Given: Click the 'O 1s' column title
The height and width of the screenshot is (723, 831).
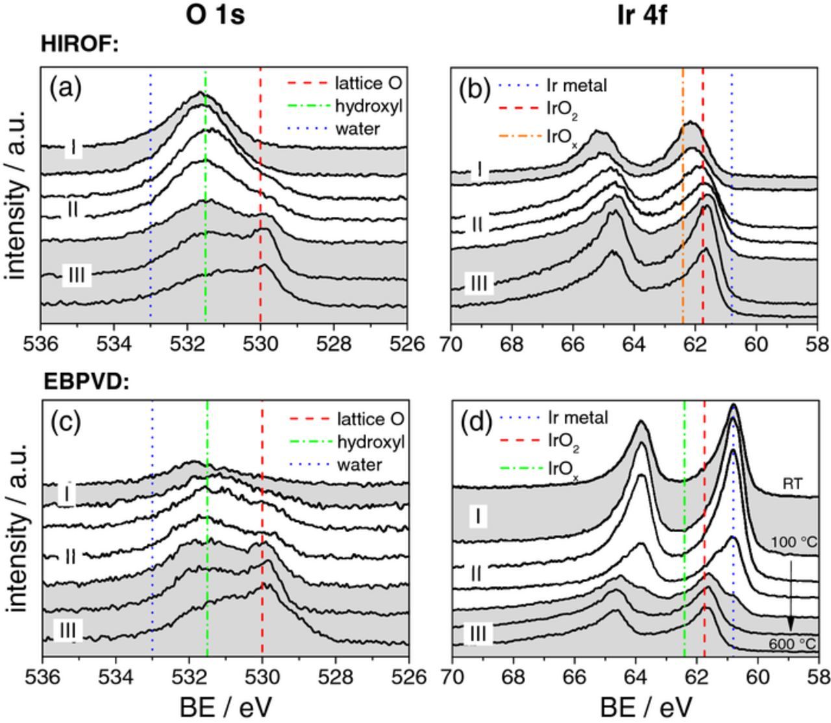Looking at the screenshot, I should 215,15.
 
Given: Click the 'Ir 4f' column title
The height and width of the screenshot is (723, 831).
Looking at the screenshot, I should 643,15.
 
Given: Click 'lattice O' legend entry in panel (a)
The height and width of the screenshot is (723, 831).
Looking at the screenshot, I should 367,83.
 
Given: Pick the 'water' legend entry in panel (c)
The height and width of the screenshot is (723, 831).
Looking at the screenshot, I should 359,464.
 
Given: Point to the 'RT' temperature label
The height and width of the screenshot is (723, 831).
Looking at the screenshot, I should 792,484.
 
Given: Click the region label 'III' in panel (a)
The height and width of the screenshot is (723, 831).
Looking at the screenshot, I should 76,276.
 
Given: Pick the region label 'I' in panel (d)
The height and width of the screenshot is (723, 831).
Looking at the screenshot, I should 478,517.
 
